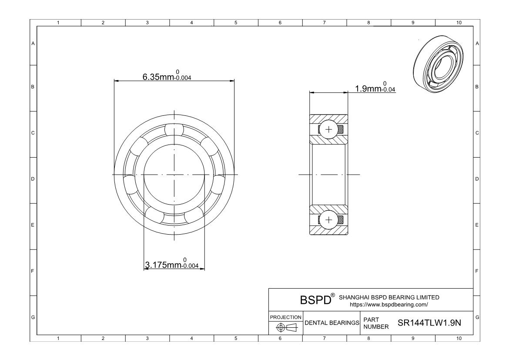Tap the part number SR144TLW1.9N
429,323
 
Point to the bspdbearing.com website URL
388,304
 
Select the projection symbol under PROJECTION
285,327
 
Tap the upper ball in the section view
328,129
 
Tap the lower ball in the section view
328,220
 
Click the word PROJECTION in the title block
285,317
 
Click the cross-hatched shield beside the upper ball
341,129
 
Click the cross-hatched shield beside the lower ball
341,220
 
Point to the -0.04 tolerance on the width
388,90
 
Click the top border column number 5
235,22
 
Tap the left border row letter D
33,178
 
